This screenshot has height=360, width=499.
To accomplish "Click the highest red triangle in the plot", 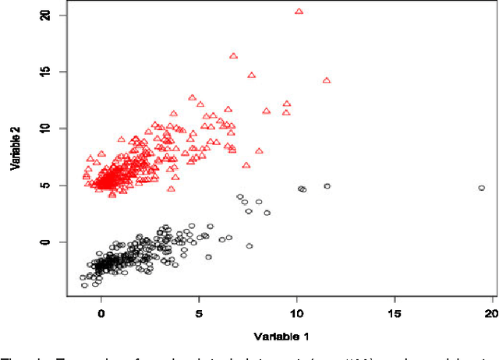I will (299, 12).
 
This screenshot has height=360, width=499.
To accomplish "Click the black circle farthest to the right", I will (482, 188).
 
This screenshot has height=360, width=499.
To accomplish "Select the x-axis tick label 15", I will (395, 312).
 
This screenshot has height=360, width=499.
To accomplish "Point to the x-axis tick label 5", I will (199, 312).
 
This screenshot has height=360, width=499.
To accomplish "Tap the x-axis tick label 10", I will (296, 312).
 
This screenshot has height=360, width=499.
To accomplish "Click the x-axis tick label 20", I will (490, 312).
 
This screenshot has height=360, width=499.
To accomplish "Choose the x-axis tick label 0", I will (101, 312).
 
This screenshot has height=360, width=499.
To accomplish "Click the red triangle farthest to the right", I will (327, 80).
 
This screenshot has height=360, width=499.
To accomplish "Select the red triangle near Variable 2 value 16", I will (233, 56).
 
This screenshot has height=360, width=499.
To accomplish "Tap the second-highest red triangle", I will (233, 56).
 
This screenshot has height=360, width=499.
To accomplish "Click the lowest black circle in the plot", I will (85, 285).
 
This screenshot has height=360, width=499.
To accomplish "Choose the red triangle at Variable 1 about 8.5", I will (266, 111).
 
